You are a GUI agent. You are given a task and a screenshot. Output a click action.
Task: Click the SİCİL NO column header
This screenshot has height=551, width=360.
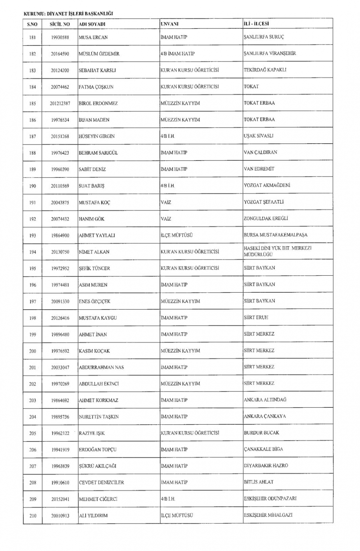60,24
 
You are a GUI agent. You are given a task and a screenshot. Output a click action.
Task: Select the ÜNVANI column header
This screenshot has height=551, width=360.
170,24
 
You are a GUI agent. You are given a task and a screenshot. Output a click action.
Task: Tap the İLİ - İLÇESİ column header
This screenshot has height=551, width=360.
257,24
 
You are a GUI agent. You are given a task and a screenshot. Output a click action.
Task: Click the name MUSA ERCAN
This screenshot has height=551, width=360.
93,37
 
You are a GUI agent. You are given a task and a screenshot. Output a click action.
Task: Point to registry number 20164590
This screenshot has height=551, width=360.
60,54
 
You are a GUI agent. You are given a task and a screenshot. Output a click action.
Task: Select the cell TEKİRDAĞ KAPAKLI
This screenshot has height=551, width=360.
265,70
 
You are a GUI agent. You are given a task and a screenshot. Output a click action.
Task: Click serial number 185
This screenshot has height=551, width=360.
33,103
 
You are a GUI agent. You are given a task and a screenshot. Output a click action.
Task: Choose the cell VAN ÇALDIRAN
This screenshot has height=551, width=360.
260,153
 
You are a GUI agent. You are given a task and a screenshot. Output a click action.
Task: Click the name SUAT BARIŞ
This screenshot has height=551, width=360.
91,186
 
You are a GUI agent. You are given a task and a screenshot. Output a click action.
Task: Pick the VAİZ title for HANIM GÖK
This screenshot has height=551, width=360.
166,219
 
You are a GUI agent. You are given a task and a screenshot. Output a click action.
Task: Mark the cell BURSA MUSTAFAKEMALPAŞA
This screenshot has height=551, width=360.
275,235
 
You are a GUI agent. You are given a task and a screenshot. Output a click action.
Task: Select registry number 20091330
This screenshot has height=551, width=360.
60,302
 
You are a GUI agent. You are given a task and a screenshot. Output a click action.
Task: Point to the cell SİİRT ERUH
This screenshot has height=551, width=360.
256,318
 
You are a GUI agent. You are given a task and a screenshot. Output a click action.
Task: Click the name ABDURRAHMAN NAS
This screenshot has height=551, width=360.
102,367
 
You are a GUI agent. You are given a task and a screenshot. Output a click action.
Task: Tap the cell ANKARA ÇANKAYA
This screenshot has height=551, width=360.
265,416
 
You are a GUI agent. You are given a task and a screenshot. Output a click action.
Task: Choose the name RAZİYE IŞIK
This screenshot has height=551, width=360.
92,433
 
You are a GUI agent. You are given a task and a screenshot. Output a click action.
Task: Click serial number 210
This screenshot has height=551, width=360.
33,516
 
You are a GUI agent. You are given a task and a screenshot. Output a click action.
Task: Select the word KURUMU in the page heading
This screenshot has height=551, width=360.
32,13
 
